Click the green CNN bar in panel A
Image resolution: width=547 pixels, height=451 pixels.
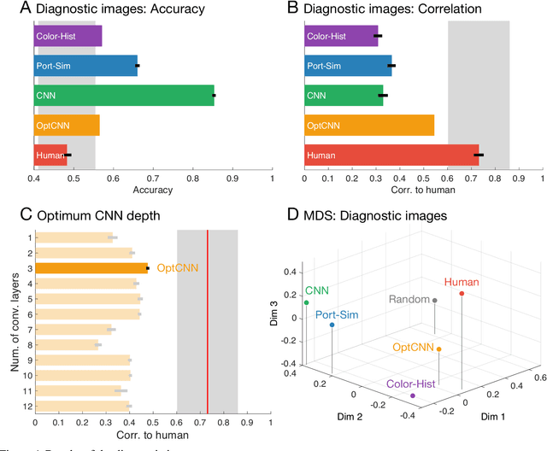[124, 95]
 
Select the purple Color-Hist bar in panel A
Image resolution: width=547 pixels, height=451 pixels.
[68, 36]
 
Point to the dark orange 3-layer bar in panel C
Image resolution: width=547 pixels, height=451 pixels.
[91, 267]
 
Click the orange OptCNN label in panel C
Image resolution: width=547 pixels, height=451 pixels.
[176, 267]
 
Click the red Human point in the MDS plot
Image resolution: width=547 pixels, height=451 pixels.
[462, 294]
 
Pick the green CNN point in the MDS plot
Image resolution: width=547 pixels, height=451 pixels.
[306, 302]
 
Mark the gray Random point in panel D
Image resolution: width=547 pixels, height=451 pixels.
[434, 301]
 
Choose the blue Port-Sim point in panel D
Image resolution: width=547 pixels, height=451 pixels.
[332, 325]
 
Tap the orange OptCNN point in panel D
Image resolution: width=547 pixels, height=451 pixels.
[438, 348]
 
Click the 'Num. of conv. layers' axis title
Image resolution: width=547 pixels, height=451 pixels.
[11, 320]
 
